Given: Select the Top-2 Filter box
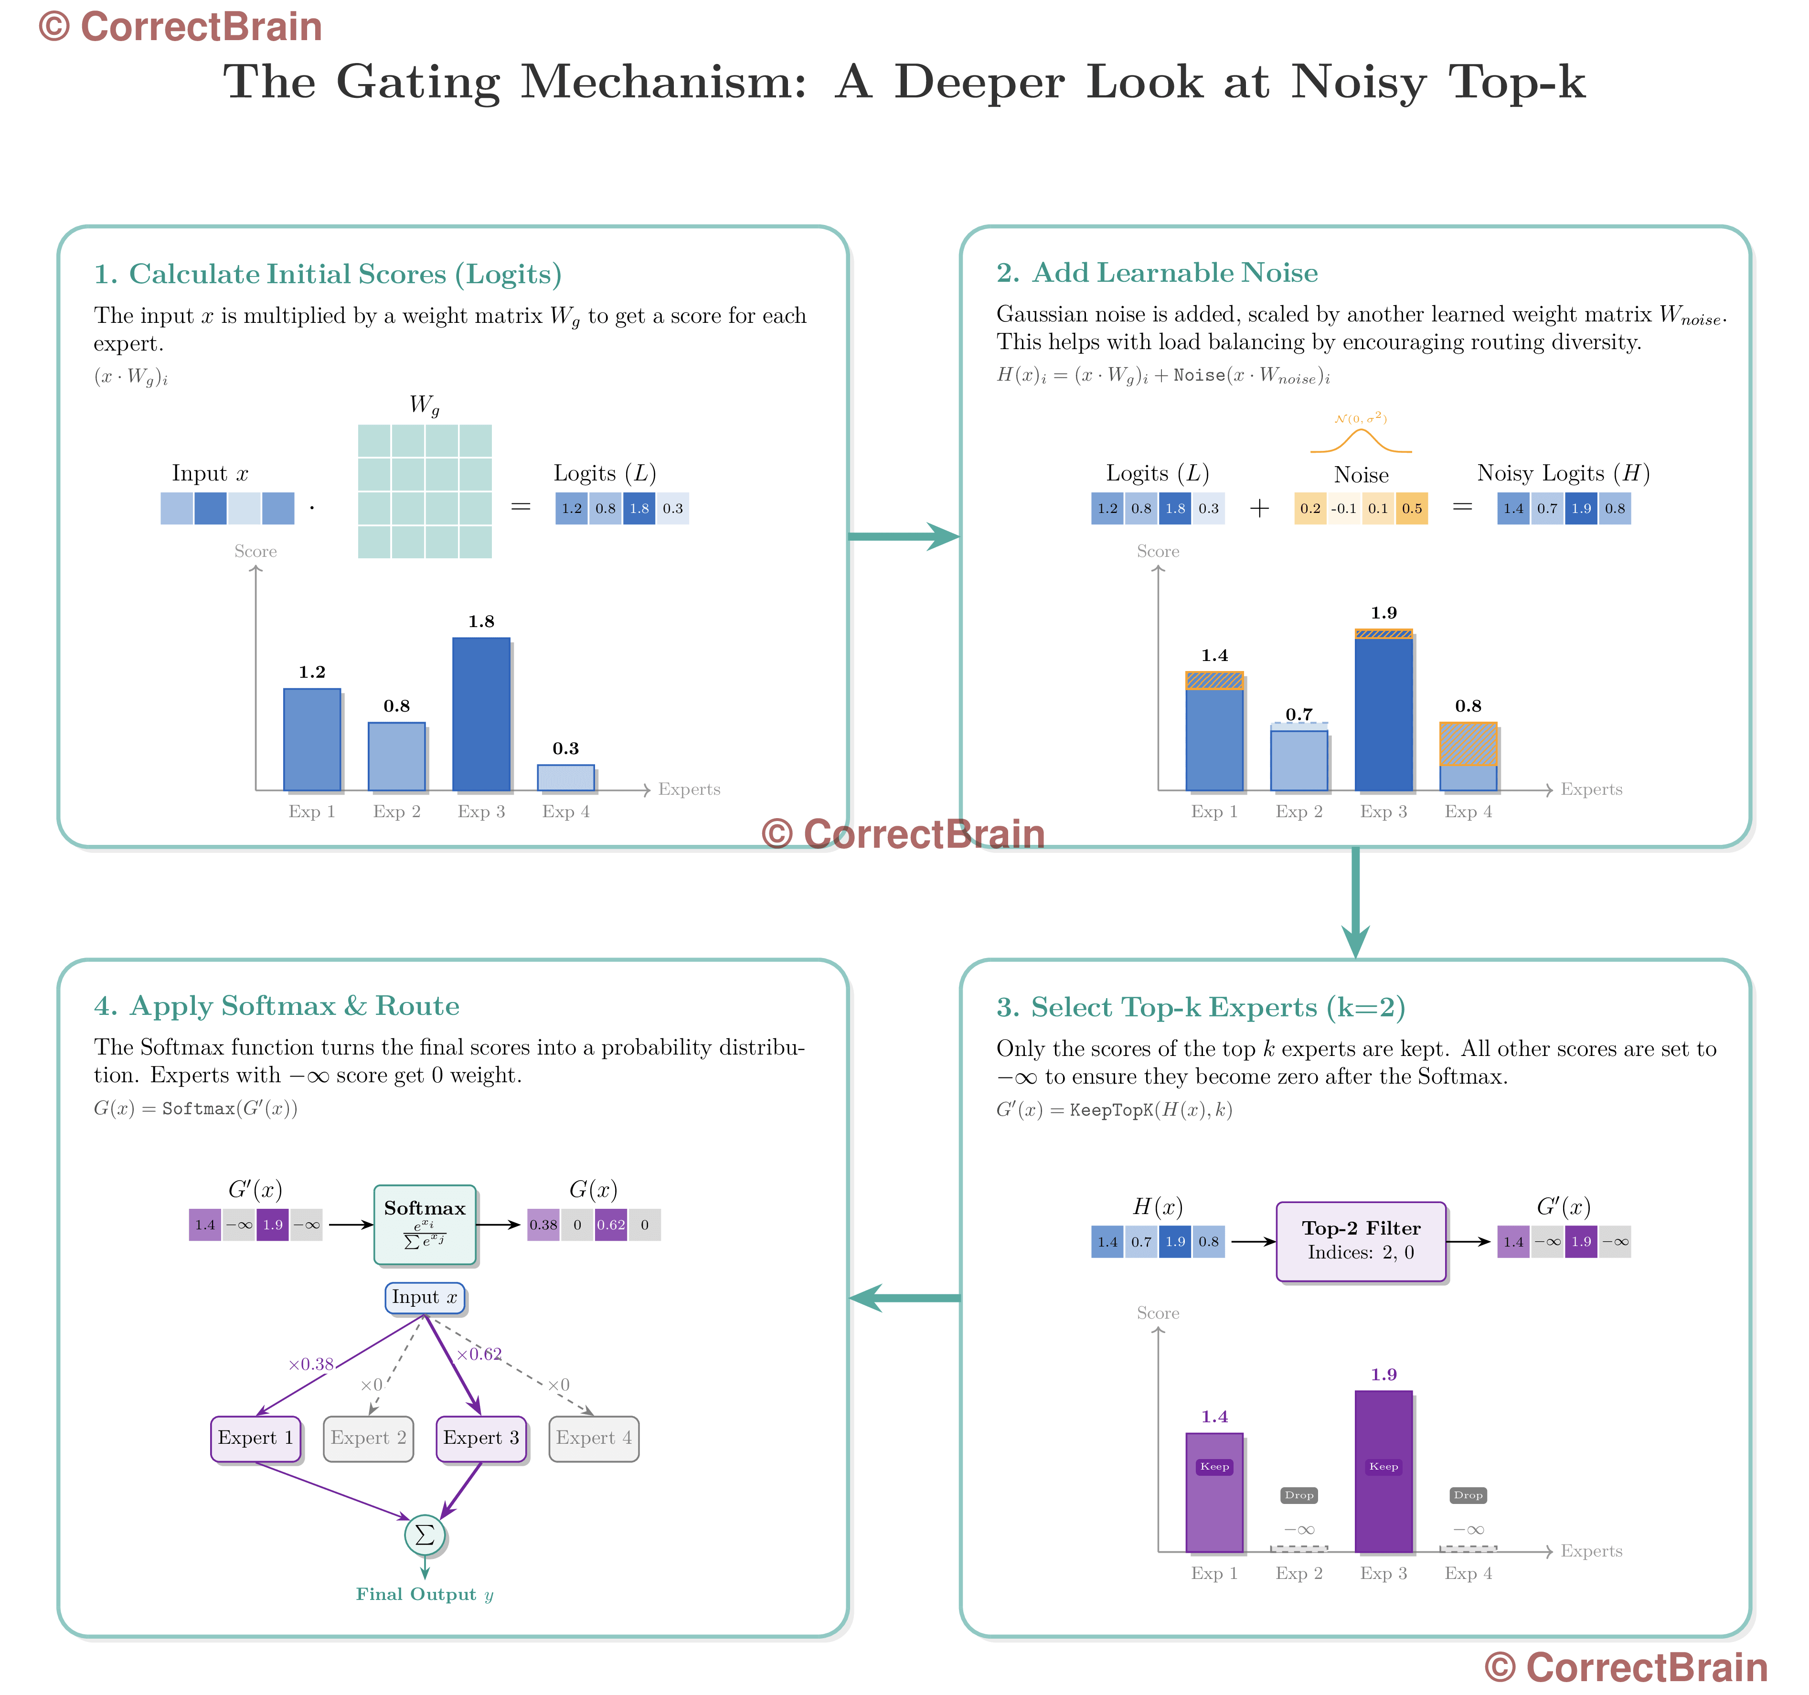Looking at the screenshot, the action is pos(1362,1241).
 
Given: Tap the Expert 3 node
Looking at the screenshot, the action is pos(481,1439).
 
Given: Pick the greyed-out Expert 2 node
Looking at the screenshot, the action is pos(369,1439).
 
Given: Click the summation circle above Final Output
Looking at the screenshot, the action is pos(425,1535).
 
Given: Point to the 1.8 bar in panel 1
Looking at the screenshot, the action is pos(481,714).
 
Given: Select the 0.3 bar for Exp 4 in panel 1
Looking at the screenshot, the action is pos(566,778).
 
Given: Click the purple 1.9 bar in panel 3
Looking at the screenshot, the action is pos(1384,1471).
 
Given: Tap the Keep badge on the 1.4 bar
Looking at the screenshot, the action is pos(1215,1467).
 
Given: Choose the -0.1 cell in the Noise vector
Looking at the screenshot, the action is pos(1344,509).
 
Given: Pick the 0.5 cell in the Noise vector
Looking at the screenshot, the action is pos(1411,509).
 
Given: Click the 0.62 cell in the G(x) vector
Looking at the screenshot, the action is pos(611,1225).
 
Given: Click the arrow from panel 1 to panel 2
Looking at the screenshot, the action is pos(904,536).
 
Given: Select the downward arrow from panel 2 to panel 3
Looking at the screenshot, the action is pos(1356,903).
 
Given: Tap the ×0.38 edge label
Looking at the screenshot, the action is pos(311,1364).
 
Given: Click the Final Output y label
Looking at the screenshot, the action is pos(425,1594).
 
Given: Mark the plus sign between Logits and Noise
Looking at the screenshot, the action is pos(1259,509).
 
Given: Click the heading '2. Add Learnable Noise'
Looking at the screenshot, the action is pos(1157,272).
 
